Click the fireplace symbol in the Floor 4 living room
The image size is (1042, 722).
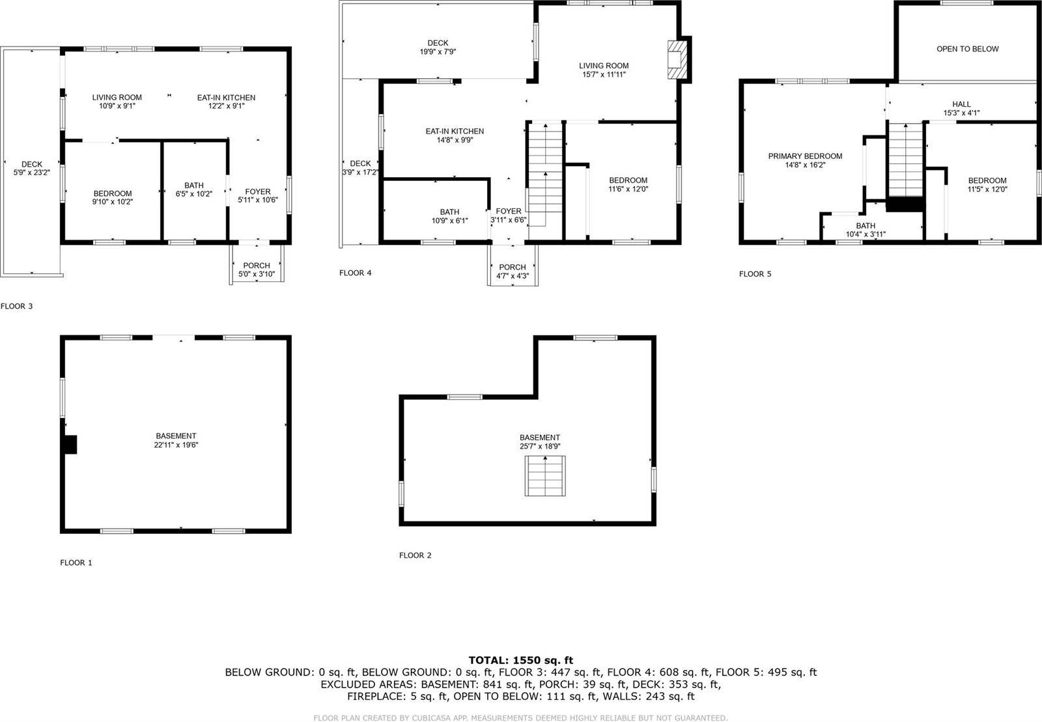pos(677,60)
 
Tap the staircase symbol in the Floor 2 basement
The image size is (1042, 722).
pos(545,477)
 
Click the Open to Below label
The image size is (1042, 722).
pos(967,49)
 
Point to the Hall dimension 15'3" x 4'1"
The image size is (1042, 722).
pos(961,113)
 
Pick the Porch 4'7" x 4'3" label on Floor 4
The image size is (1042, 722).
pos(513,271)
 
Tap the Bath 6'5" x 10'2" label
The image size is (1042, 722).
pos(194,190)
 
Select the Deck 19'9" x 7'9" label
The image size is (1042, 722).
pos(438,48)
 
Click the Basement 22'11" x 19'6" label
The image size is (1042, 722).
pos(176,441)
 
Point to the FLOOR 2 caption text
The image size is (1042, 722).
pos(415,555)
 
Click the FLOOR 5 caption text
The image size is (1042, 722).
pos(755,274)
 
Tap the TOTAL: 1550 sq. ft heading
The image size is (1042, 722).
pos(520,660)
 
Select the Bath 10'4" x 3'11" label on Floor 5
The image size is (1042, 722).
pos(866,230)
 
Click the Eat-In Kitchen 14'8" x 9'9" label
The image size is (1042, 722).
pos(455,135)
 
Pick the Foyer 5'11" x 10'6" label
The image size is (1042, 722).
pos(258,196)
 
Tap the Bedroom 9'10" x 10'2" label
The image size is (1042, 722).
pos(113,197)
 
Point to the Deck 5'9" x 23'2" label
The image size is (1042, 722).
pos(32,169)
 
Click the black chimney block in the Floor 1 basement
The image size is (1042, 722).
pos(70,445)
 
